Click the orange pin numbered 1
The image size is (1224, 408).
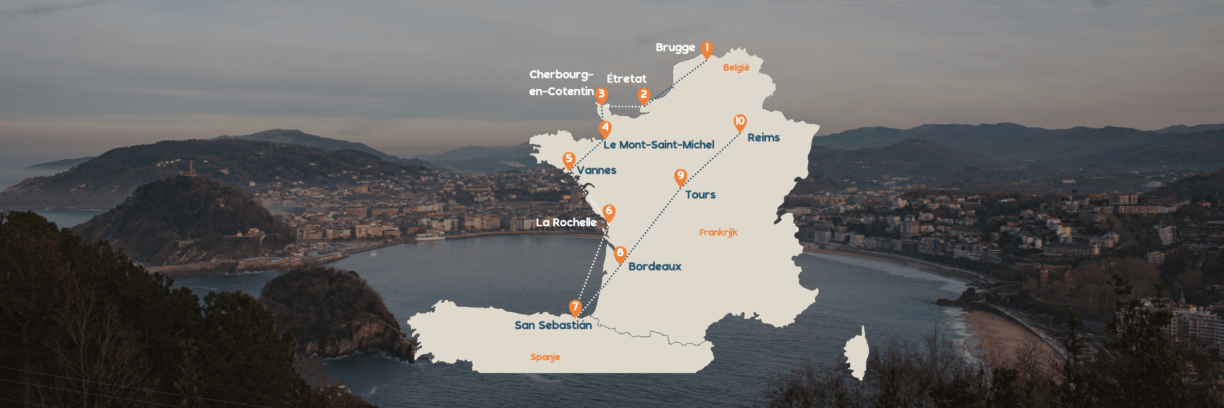pos(707,48)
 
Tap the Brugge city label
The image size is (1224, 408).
pos(675,48)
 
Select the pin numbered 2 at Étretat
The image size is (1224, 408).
pos(644,95)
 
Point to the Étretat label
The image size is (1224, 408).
pos(627,79)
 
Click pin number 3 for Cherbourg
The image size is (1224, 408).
pos(601,95)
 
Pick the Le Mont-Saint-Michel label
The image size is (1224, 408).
pos(659,145)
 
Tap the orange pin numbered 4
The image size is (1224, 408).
pos(605,128)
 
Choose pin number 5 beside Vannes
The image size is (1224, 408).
pos(569,159)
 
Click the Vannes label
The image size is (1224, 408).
pos(597,170)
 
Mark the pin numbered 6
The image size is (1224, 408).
pos(609,212)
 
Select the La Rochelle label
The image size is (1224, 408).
pos(566,222)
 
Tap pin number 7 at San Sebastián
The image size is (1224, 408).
pos(575,307)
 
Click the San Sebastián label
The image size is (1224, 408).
pos(553,325)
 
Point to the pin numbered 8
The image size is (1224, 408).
pos(620,254)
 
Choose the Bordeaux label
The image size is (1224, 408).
pos(655,267)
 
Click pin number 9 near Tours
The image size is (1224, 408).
pos(680,176)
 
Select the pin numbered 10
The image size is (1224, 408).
pos(740,122)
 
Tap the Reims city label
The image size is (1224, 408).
pos(763,138)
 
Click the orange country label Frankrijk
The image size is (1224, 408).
pos(718,232)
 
